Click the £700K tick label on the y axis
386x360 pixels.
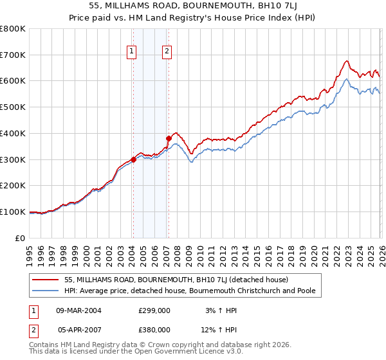pos(13,55)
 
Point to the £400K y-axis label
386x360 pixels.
pos(13,134)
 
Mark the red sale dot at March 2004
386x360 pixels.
pos(133,159)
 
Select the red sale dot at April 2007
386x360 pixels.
pos(169,138)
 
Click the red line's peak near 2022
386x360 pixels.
pos(346,61)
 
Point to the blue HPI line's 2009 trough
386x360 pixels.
pos(190,162)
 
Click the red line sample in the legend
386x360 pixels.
pos(45,280)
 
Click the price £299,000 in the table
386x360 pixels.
pos(154,310)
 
